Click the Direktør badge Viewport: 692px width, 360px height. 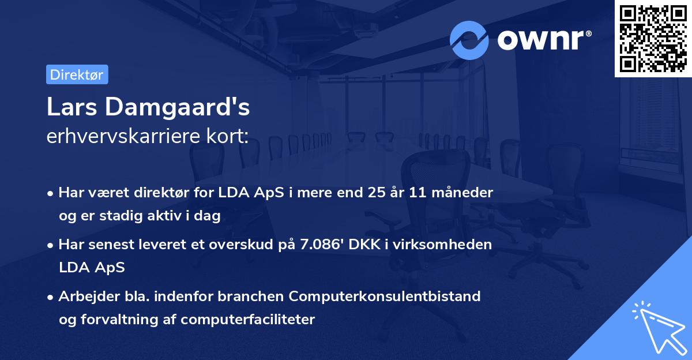click(77, 74)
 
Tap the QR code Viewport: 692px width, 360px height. click(653, 39)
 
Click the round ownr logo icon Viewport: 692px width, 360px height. click(469, 40)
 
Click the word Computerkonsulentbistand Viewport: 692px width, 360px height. click(385, 297)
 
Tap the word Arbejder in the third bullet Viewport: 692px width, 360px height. click(84, 297)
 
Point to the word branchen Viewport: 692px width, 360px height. click(250, 297)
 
